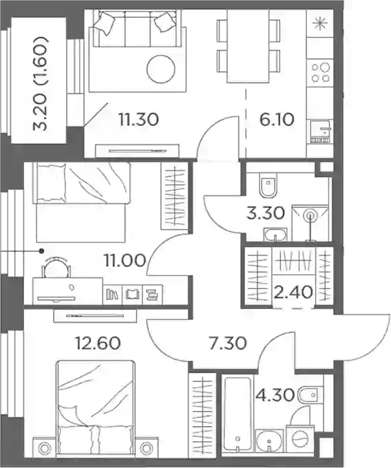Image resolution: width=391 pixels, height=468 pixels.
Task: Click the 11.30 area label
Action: tap(138, 119)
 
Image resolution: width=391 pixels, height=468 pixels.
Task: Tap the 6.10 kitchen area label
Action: tap(277, 119)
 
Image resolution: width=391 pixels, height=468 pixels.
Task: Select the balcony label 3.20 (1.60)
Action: tap(41, 84)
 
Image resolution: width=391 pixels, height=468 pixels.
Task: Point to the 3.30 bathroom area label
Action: tap(266, 213)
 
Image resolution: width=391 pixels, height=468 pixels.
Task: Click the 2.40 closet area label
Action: tap(293, 292)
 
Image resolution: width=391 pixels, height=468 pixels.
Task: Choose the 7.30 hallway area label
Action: tap(228, 343)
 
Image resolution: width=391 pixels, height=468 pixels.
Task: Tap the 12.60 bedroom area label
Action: tap(98, 343)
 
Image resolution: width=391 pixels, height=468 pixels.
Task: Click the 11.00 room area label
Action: tap(125, 260)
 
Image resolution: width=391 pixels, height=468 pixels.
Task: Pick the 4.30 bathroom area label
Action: tap(275, 395)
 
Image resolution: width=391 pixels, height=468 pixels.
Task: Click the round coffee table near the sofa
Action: tap(161, 70)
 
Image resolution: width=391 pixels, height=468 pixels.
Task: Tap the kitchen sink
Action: tap(321, 131)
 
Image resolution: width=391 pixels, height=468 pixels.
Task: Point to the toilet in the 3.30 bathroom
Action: tap(268, 185)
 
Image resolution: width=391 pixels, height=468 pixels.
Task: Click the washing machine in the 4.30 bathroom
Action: tap(300, 439)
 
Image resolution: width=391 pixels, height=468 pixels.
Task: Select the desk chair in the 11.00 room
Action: tap(56, 267)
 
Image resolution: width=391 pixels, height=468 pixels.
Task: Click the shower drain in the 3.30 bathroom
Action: tap(310, 215)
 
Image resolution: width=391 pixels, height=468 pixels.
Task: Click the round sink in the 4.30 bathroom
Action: tap(270, 441)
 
